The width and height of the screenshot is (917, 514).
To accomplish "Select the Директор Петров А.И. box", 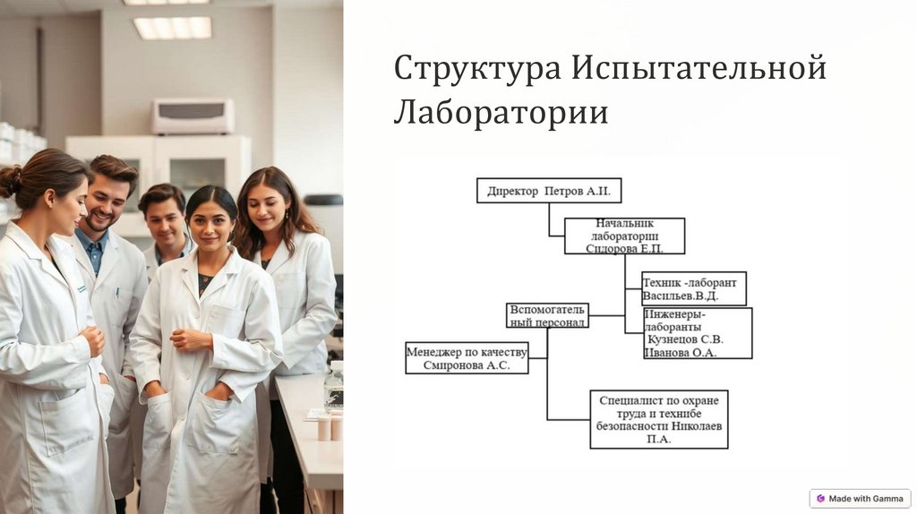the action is pos(549,191).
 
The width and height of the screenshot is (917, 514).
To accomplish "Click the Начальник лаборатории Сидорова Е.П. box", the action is pos(624,236).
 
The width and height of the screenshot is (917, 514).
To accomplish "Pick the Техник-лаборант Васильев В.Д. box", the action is pos(693,288).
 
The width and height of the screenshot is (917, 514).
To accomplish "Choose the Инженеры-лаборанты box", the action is pos(697,332).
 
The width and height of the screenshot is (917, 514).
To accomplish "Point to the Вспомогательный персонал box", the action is pos(547,315).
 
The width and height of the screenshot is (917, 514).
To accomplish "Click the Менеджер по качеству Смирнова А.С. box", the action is pos(467,357).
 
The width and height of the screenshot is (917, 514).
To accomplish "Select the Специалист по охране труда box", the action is pos(659,418).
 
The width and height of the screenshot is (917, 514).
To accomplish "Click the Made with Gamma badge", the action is pos(860,498).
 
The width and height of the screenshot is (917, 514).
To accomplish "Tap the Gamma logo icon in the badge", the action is pos(820,498).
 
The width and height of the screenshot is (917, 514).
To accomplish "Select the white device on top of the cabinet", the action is pos(193,116).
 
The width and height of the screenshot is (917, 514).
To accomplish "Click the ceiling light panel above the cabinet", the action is pos(173,28).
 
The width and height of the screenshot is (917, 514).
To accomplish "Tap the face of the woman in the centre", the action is pos(210,225).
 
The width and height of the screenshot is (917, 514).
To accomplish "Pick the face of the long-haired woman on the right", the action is pos(268,209).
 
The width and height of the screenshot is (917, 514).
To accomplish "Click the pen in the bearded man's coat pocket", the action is pos(117,292).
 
